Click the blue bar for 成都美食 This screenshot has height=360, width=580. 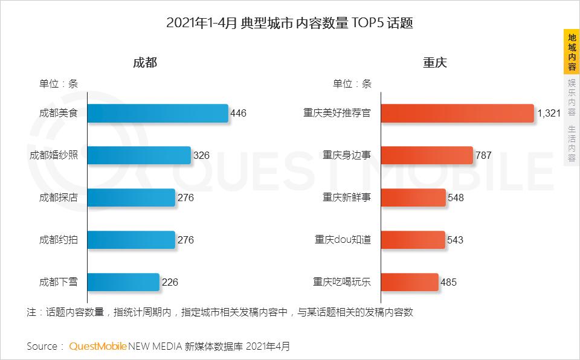pyautogui.click(x=157, y=113)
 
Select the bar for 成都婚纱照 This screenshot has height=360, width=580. pyautogui.click(x=138, y=155)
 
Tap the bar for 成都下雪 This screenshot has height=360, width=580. pyautogui.click(x=123, y=282)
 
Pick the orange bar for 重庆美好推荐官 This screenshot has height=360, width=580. pyautogui.click(x=457, y=113)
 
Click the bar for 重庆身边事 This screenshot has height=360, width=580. pyautogui.click(x=427, y=155)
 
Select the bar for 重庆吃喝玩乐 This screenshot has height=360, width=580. pyautogui.click(x=409, y=282)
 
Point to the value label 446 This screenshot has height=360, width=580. pyautogui.click(x=239, y=113)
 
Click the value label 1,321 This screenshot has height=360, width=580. pyautogui.click(x=549, y=113)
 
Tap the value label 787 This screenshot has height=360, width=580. pyautogui.click(x=483, y=155)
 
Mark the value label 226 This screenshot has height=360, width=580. pyautogui.click(x=170, y=282)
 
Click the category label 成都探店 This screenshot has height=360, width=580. pyautogui.click(x=58, y=198)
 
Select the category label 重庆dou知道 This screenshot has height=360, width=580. pyautogui.click(x=343, y=240)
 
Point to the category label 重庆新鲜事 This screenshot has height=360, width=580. pyautogui.click(x=347, y=198)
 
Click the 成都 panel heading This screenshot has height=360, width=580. pyautogui.click(x=144, y=62)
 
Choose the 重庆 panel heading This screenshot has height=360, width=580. pyautogui.click(x=434, y=62)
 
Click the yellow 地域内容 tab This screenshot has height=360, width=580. pyautogui.click(x=572, y=52)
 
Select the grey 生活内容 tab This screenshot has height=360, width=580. pyautogui.click(x=572, y=144)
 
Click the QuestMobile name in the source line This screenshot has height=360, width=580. pyautogui.click(x=98, y=346)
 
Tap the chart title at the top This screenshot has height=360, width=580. pyautogui.click(x=289, y=24)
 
